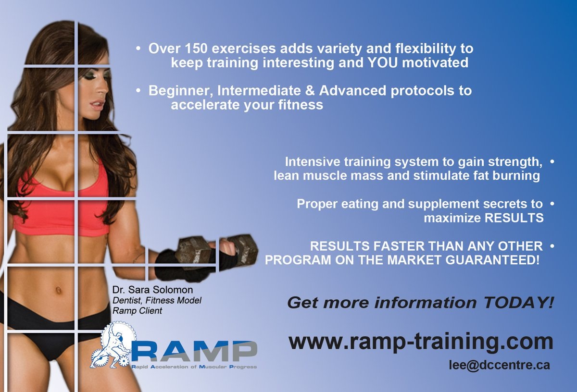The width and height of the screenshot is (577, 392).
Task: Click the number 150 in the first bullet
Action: point(196,49)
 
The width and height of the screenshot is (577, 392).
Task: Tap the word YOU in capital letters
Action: point(383,63)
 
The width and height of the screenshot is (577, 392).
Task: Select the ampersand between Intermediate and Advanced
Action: point(310,91)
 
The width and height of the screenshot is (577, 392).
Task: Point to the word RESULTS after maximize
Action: point(514,218)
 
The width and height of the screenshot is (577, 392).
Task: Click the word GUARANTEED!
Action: point(492,260)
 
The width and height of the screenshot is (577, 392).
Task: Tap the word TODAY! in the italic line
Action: point(518,303)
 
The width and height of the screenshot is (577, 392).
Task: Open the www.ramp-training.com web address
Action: point(421,342)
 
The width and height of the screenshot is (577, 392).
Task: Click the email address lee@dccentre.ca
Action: point(500,365)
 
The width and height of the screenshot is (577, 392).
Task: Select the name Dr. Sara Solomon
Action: point(152,290)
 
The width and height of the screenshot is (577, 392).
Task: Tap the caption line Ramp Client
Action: point(138,311)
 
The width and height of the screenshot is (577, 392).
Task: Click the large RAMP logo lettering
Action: point(194,351)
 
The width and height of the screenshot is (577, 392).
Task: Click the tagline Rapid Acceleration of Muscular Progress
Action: point(194,367)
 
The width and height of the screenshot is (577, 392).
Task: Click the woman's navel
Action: point(59,290)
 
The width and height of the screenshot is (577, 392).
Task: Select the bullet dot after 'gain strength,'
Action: point(552,161)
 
